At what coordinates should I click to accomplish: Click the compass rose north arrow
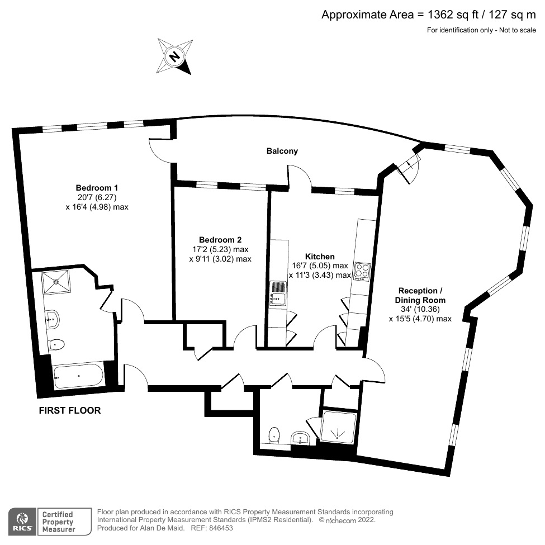point(174,56)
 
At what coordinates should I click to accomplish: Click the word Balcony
point(282,151)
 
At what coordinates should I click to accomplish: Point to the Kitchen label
point(320,257)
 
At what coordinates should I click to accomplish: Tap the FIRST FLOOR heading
point(69,410)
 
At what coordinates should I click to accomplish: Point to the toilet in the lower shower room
point(273,434)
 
